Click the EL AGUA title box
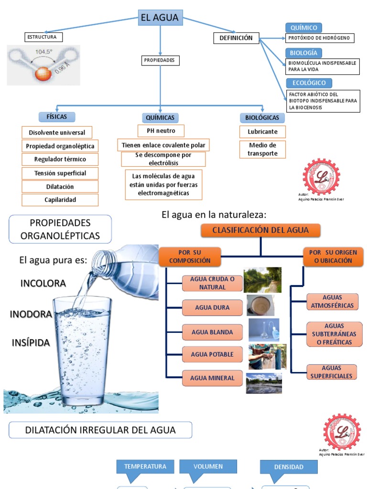160,18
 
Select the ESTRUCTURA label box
43,37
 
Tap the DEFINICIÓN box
236,38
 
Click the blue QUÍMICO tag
303,28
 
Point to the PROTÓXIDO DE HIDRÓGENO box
320,38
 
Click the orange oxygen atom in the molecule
43,74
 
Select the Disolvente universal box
57,133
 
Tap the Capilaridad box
60,200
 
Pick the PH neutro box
161,131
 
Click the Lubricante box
262,132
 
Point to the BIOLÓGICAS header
262,117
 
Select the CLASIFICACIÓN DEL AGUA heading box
260,230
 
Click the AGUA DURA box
212,308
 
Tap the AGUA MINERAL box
212,378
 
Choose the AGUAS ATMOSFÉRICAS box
332,301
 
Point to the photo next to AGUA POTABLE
267,356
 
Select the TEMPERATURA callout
145,467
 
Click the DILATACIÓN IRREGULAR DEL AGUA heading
100,430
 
